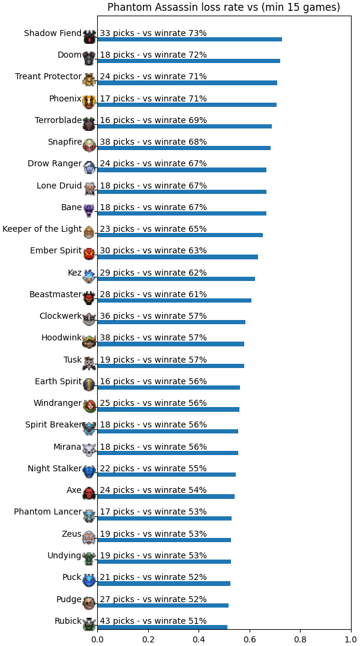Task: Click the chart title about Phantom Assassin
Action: (224, 7)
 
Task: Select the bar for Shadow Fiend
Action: (190, 39)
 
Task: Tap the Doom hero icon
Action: (89, 58)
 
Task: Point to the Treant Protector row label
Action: (48, 76)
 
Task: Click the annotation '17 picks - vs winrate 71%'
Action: (153, 98)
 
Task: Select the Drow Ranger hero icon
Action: (89, 167)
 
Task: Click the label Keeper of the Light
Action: (42, 229)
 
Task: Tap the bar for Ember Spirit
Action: (178, 257)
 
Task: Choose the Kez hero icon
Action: (89, 276)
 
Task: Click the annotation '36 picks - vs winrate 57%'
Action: (153, 316)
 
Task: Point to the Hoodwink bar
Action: (171, 343)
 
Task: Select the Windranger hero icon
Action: (89, 406)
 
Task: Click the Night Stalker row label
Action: (55, 468)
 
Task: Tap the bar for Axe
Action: (166, 496)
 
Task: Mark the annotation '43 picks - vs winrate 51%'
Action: (153, 620)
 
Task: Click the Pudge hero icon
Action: (89, 602)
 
